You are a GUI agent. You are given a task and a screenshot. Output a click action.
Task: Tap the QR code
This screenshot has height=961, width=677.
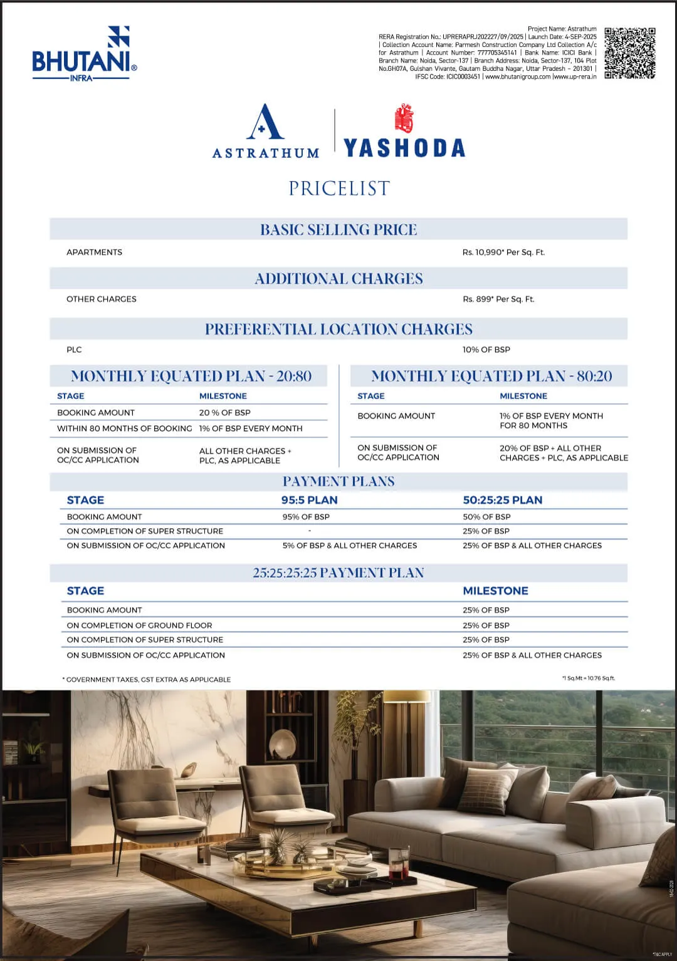pyautogui.click(x=630, y=53)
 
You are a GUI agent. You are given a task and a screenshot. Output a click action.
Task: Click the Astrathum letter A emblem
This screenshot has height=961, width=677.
pyautogui.click(x=266, y=122)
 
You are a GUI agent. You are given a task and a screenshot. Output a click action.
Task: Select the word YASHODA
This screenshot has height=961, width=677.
pyautogui.click(x=405, y=148)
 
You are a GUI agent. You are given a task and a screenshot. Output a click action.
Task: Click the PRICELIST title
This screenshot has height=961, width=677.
pyautogui.click(x=339, y=189)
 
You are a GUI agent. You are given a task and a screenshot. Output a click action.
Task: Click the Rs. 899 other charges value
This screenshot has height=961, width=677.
pyautogui.click(x=498, y=299)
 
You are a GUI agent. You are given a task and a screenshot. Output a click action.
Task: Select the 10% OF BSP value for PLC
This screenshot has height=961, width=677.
pyautogui.click(x=486, y=350)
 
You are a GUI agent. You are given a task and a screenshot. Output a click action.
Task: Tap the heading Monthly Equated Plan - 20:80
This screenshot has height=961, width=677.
pyautogui.click(x=191, y=376)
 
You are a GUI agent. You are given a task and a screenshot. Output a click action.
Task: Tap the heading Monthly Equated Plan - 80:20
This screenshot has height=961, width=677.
pyautogui.click(x=491, y=376)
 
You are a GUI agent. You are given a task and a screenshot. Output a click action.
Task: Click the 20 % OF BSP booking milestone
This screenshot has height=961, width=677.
pyautogui.click(x=225, y=413)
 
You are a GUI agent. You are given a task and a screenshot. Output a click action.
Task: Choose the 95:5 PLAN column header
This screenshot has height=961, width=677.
pyautogui.click(x=309, y=500)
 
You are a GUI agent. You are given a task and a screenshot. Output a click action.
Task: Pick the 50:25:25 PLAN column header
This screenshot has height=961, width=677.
pyautogui.click(x=503, y=500)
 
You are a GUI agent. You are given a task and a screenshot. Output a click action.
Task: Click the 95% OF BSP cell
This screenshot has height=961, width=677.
pyautogui.click(x=306, y=517)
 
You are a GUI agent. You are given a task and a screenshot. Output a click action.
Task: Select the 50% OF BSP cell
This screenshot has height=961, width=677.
pyautogui.click(x=486, y=517)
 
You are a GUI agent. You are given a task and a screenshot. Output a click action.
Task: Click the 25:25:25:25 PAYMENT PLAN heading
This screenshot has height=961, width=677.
pyautogui.click(x=338, y=573)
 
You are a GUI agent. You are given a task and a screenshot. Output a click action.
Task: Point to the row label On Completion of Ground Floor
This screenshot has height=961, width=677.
pyautogui.click(x=139, y=625)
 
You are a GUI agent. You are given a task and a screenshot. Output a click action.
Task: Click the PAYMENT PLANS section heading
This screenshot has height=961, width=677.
pyautogui.click(x=338, y=481)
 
